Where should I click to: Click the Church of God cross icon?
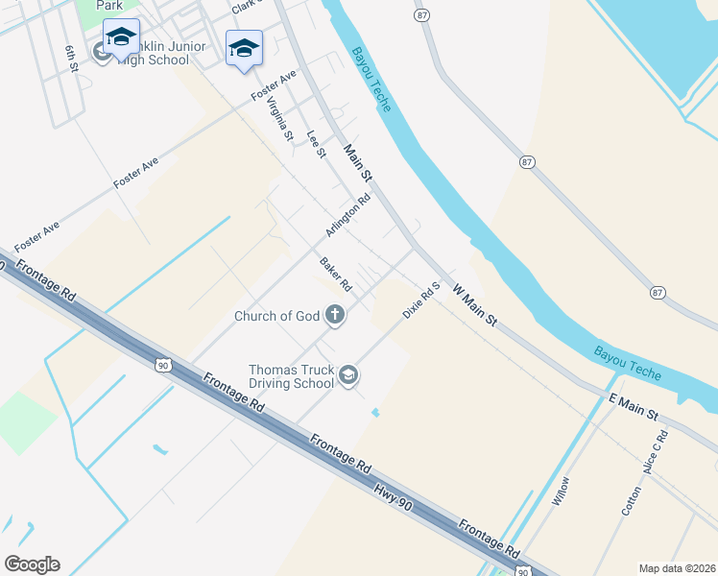pos(335,315)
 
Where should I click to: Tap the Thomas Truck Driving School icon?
pos(349,375)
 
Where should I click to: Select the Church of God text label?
pos(277,316)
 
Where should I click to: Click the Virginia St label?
pos(279,120)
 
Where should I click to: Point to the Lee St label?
pos(317,144)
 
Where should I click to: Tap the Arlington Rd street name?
pos(347,216)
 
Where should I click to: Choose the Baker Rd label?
pos(336,275)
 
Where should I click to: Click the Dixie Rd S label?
pos(421,300)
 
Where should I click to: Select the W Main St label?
pos(474,303)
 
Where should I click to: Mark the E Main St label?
pos(633,407)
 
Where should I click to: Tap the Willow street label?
pos(562,492)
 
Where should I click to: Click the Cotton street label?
pos(632,500)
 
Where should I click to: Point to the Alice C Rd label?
pos(657,451)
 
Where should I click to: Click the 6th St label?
pos(70,59)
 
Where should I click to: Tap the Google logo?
pos(32,564)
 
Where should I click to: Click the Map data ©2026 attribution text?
pos(677,568)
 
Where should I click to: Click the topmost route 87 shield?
pos(421,16)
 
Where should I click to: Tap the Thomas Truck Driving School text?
pos(291,376)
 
